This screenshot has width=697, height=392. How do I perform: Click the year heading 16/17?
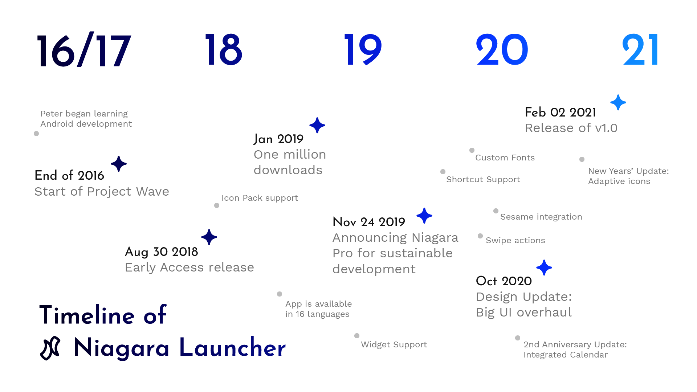point(83,50)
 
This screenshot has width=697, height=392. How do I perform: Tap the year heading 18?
point(223,50)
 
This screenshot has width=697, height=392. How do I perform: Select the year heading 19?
point(363,50)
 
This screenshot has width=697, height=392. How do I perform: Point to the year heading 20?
point(502,50)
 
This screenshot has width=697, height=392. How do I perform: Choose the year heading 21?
point(640,50)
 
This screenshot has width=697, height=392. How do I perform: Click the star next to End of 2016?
point(119,164)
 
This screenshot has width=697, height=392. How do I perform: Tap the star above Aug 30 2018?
point(209,237)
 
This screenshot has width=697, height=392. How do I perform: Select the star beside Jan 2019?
point(317,125)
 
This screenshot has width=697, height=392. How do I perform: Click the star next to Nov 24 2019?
point(424,216)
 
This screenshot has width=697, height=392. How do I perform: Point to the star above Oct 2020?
point(544,268)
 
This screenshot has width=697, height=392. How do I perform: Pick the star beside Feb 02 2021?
point(618,102)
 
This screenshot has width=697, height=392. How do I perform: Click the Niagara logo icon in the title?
point(50,348)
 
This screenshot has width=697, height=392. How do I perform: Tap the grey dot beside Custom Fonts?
point(472,150)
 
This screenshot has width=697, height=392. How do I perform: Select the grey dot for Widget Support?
point(357,336)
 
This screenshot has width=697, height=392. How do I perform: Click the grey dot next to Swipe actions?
point(480,236)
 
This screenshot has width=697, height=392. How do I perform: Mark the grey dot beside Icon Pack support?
point(217,205)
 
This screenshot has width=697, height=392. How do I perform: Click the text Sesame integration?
point(541,217)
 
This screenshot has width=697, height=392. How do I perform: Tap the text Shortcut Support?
point(483,180)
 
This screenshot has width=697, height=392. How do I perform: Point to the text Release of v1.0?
point(571,128)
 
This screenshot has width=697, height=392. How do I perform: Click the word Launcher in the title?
point(232,348)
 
